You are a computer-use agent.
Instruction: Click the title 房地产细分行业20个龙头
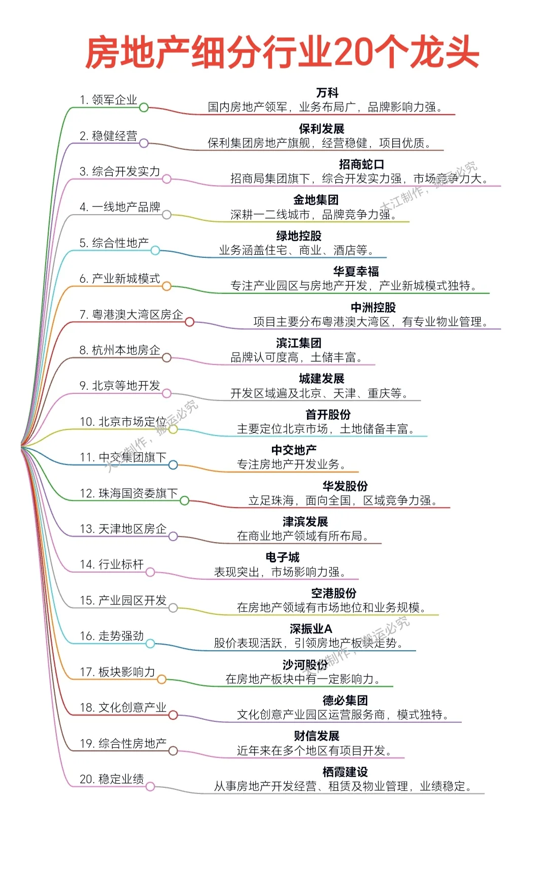282,52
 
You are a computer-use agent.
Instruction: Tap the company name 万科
327,93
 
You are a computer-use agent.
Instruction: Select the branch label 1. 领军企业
109,100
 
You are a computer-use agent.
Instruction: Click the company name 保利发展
321,129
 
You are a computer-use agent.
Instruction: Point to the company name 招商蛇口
361,164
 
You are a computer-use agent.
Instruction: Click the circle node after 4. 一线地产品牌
166,215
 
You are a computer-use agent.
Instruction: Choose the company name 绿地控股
298,236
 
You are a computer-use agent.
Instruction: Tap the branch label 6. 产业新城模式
120,279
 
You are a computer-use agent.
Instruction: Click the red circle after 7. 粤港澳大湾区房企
189,322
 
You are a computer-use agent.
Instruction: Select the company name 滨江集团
298,343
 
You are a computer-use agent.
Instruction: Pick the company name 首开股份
328,415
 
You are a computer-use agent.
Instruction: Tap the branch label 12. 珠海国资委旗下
129,493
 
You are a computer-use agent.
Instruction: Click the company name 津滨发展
305,522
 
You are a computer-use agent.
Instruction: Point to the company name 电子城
282,557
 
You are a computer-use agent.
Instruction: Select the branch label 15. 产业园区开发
123,601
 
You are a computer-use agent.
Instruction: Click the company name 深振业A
311,629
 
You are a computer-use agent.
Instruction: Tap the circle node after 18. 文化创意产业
173,715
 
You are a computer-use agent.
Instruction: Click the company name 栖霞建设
345,772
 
